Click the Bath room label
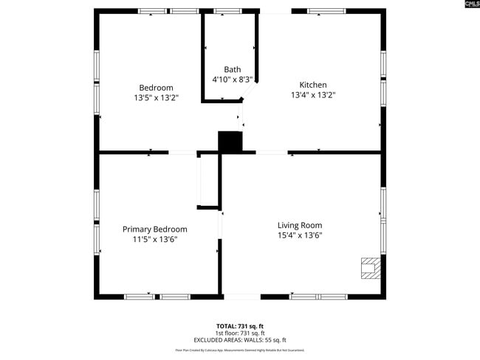click(x=232, y=69)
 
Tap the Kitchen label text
click(x=312, y=85)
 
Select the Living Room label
click(x=300, y=225)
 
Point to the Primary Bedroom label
click(x=154, y=229)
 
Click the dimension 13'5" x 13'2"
click(x=156, y=97)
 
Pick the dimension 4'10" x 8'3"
click(x=232, y=79)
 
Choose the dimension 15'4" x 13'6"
click(x=300, y=235)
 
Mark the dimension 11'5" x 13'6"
click(x=154, y=239)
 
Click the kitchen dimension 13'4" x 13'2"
click(x=312, y=95)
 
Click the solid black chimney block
click(x=230, y=142)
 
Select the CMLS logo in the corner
click(x=471, y=4)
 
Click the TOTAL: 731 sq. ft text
click(x=239, y=325)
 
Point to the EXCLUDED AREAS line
click(x=239, y=340)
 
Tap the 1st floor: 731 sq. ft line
click(x=239, y=333)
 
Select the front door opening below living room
click(x=241, y=297)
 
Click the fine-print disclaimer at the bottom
click(x=239, y=350)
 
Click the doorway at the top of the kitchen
click(x=275, y=11)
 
